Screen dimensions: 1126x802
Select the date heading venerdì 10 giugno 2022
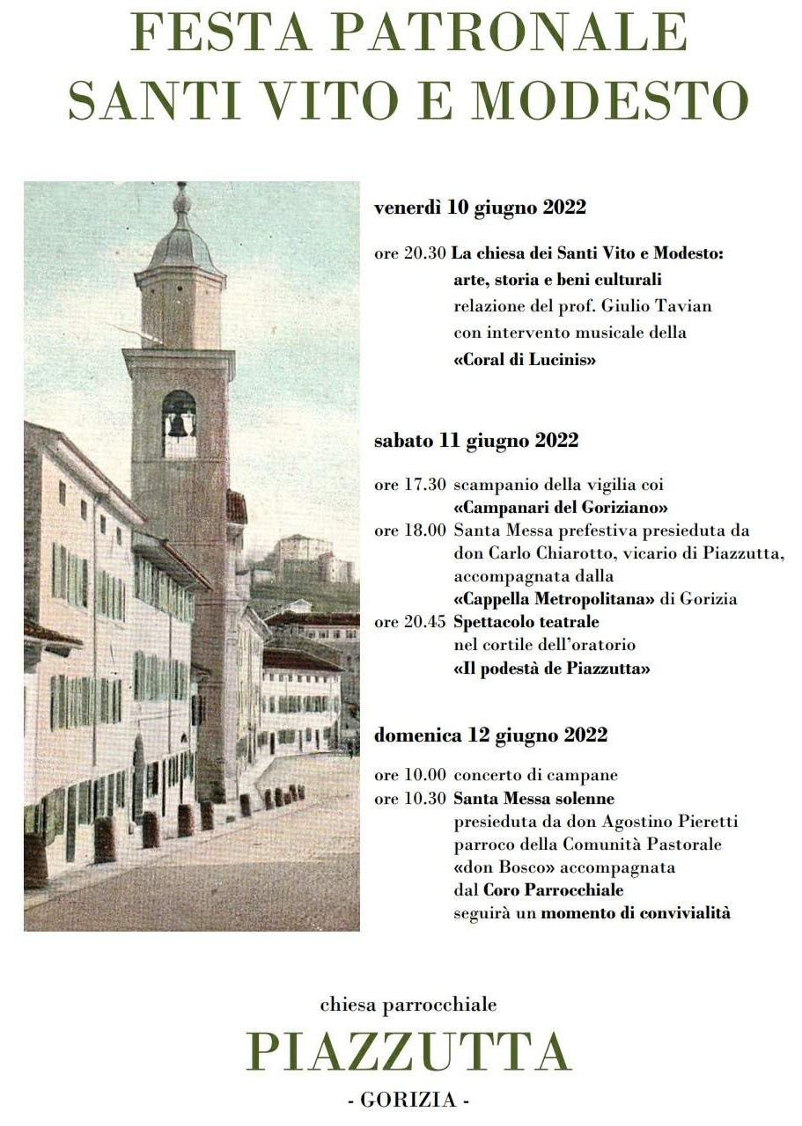pos(480,208)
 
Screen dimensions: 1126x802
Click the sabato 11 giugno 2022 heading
pos(476,441)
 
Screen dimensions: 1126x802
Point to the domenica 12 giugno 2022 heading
pos(490,735)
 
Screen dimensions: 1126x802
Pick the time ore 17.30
pos(410,485)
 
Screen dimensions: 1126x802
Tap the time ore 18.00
pos(410,531)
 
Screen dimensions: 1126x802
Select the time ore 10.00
pos(410,776)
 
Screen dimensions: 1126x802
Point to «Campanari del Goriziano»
pos(561,508)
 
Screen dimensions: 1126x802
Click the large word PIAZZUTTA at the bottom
pos(409,1050)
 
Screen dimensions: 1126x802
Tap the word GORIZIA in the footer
pos(408,1100)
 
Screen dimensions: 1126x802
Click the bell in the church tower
pos(179,425)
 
